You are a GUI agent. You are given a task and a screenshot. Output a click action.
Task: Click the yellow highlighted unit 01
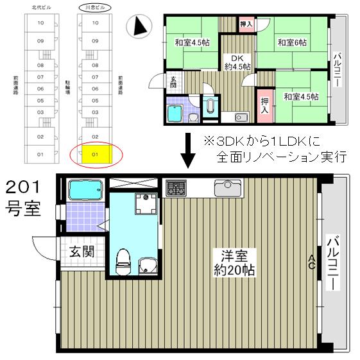[95, 155]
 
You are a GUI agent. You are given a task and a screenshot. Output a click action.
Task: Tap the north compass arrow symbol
[139, 27]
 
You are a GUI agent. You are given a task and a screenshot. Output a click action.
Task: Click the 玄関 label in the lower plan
[82, 251]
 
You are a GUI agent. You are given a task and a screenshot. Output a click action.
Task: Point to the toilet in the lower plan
[123, 261]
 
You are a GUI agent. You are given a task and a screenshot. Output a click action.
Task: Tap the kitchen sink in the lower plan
[227, 187]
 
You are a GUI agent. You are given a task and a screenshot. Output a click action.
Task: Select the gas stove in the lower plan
[176, 187]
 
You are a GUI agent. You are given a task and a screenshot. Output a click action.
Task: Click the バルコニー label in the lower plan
[333, 263]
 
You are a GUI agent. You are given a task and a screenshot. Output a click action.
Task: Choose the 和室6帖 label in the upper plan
[291, 43]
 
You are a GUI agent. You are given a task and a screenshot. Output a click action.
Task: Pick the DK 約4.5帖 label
[240, 61]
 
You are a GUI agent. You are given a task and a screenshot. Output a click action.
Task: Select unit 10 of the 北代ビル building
[40, 23]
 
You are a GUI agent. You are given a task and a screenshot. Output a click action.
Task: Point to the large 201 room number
[23, 187]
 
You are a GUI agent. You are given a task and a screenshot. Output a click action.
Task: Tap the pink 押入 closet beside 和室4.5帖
[264, 105]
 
